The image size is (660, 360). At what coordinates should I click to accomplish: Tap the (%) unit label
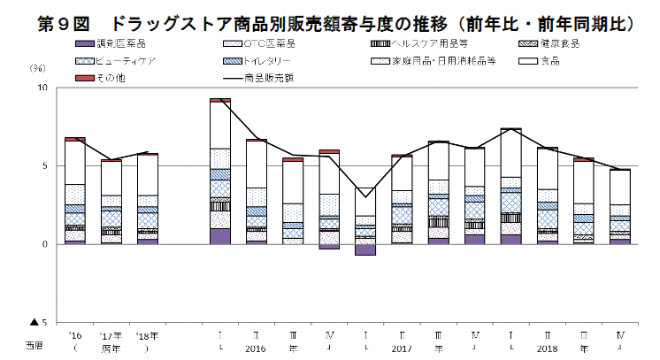coord(38,68)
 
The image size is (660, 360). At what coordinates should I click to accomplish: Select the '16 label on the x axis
coord(75,336)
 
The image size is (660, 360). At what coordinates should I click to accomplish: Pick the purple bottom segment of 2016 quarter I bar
coord(220,236)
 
